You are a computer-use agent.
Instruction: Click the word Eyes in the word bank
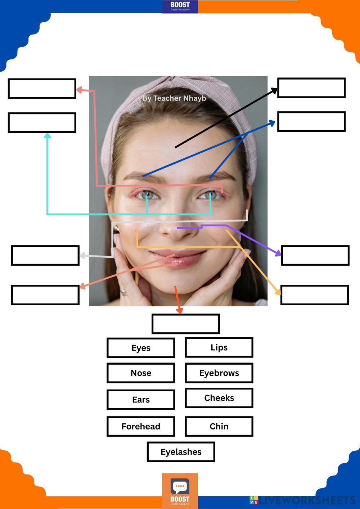pos(141,348)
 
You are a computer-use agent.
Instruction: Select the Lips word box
pos(219,347)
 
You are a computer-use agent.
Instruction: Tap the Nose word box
pos(141,373)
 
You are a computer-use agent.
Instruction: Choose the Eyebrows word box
pos(219,373)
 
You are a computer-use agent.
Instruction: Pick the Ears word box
pos(141,400)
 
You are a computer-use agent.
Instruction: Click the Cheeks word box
pos(219,398)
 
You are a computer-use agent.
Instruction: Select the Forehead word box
pos(141,426)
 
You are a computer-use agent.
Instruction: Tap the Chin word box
pos(219,426)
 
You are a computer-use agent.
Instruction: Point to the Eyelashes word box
pos(181,452)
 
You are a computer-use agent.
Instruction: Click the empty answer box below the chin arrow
pos(186,324)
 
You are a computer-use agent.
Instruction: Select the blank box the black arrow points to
pos(311,88)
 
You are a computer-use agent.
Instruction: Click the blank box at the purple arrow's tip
pos(315,256)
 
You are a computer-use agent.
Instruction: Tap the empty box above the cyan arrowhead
pos(42,123)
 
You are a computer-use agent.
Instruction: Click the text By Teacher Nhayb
pos(174,98)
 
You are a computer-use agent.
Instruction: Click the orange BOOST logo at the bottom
pos(180,491)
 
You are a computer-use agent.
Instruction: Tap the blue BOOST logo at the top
pos(180,6)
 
